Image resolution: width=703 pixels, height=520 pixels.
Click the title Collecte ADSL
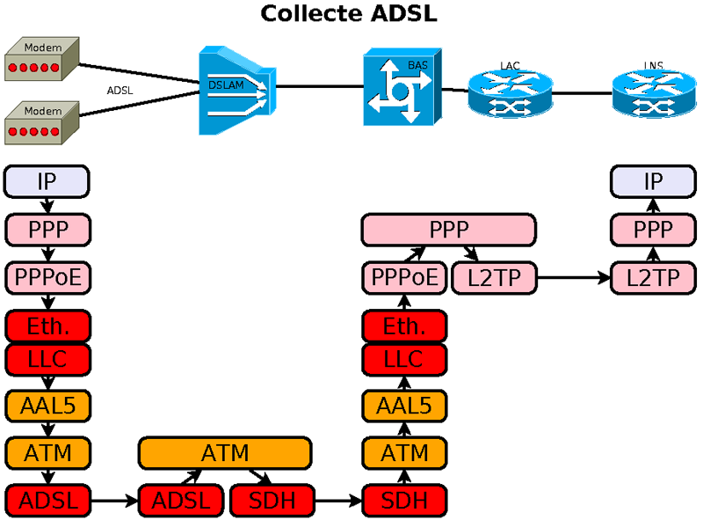tap(349, 14)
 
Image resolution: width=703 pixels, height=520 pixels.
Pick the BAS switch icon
tap(400, 87)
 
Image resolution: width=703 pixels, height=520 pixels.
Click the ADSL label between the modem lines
tap(120, 90)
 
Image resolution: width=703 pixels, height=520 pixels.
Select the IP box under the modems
tap(47, 182)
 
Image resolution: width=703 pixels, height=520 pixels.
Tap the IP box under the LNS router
tap(654, 182)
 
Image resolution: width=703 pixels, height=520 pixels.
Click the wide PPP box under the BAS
tap(448, 230)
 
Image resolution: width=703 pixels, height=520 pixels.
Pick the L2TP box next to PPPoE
tap(494, 278)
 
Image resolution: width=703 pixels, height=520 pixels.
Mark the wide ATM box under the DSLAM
tap(225, 453)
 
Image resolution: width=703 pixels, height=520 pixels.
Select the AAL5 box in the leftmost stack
tap(47, 406)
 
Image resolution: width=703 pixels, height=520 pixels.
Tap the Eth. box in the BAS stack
tap(404, 326)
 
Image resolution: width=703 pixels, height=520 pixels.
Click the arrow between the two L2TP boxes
tap(573, 278)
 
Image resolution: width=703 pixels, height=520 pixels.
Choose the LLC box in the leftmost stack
tap(47, 358)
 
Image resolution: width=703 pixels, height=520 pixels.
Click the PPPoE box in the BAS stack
tap(404, 278)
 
